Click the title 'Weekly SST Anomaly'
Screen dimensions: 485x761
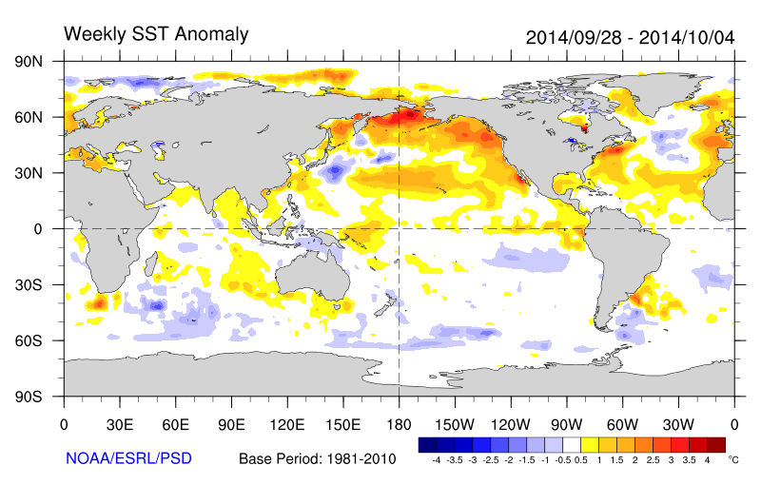pyautogui.click(x=156, y=34)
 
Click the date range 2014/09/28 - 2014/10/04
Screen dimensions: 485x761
pyautogui.click(x=630, y=37)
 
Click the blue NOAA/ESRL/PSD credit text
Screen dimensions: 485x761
pyautogui.click(x=128, y=458)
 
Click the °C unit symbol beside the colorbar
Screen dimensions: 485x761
pyautogui.click(x=732, y=458)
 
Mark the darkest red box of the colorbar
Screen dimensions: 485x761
pyautogui.click(x=716, y=444)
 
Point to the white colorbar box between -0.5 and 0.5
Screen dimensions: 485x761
pyautogui.click(x=571, y=444)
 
